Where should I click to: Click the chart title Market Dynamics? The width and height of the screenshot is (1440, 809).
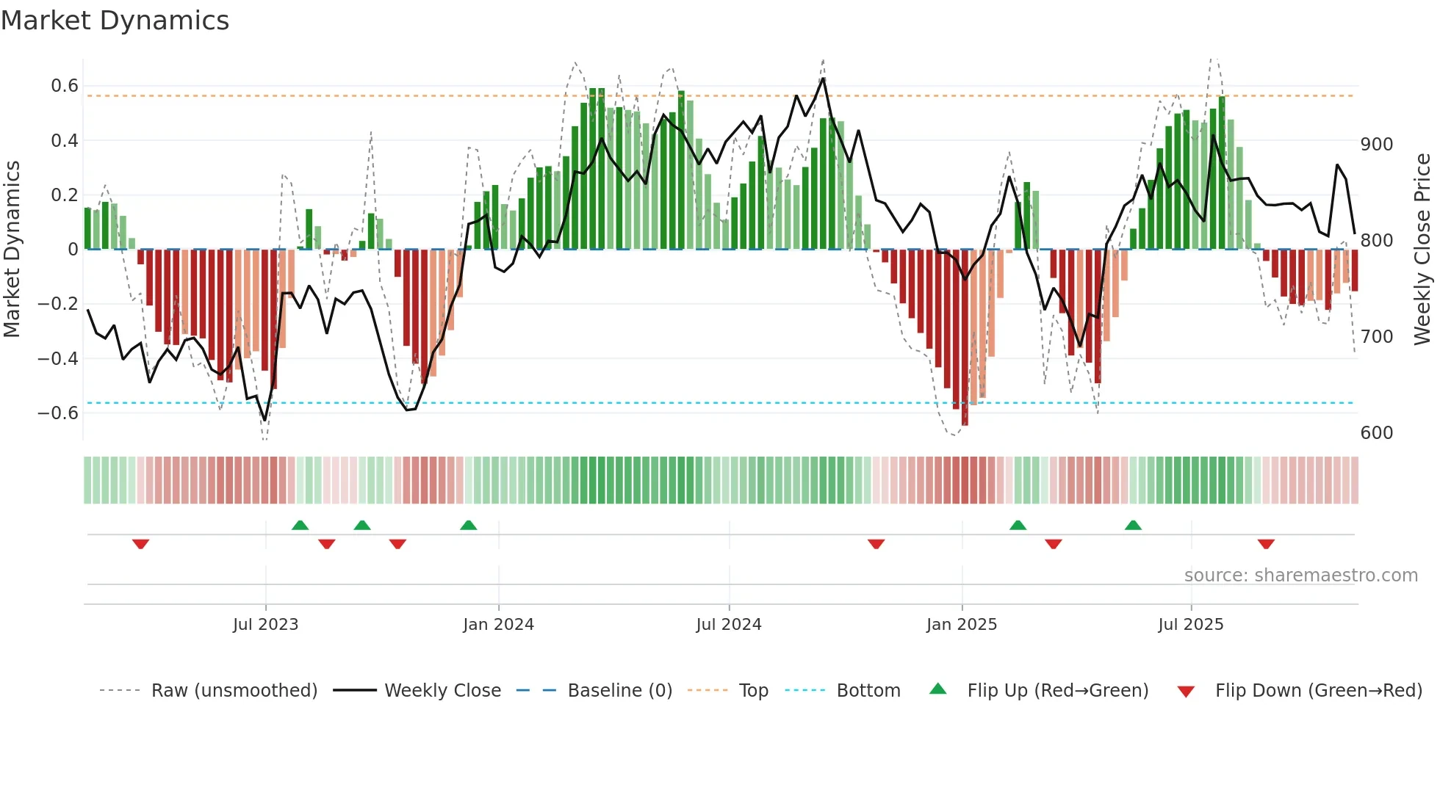pos(115,21)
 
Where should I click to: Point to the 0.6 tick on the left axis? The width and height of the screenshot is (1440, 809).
pos(65,86)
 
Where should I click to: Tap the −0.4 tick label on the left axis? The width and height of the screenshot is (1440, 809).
pos(58,358)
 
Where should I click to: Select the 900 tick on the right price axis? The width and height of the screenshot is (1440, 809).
pos(1376,145)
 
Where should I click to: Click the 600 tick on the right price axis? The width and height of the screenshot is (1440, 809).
pos(1376,433)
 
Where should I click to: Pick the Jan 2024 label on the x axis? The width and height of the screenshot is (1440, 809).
pos(498,625)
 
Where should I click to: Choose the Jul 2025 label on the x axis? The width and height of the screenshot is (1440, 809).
pos(1190,625)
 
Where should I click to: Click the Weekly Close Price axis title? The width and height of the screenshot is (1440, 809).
pos(1422,250)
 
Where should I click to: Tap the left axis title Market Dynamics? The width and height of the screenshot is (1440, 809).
pos(12,250)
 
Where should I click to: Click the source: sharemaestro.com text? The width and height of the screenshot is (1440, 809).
pos(1300,576)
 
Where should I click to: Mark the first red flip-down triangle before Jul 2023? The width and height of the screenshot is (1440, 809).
pos(140,544)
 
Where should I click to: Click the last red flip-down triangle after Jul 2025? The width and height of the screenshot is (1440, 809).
pos(1265,544)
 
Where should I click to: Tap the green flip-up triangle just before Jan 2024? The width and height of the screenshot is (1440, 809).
pos(468,525)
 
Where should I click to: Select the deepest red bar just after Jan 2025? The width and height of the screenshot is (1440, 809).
pos(965,338)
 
